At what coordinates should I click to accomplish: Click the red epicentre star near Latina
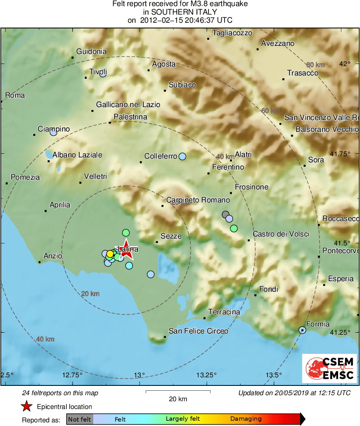126,249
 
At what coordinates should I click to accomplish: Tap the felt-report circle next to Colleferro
182,156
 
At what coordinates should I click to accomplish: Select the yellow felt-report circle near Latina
110,254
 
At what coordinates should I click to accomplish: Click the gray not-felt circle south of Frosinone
225,214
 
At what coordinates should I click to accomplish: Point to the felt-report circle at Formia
302,330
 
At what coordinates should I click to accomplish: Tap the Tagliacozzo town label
232,33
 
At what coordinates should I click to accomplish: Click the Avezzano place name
278,43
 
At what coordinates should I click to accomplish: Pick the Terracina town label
224,312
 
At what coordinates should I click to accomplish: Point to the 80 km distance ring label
315,65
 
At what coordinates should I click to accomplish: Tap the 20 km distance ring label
90,294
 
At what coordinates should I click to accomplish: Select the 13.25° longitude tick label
207,374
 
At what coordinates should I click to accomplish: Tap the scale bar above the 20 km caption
178,392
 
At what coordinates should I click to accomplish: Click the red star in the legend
26,406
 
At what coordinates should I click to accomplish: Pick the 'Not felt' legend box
79,419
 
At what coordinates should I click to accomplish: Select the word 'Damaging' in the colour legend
246,419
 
